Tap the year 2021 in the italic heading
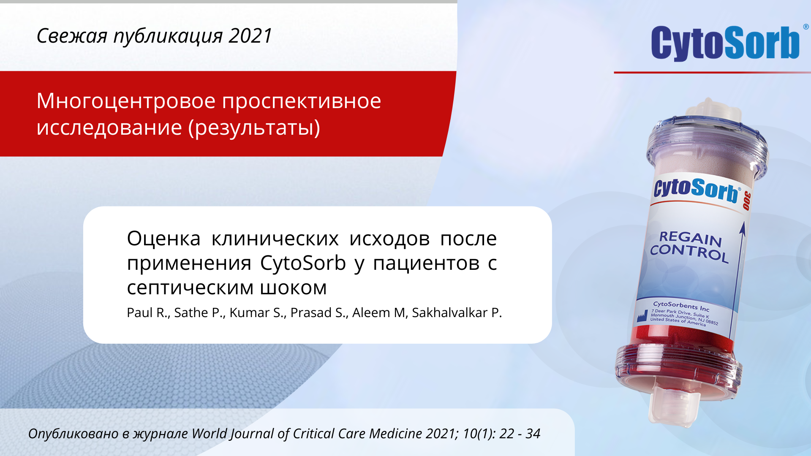point(250,36)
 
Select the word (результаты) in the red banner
point(254,128)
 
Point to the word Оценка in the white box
point(164,239)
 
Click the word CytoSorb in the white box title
point(303,263)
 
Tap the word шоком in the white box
point(293,288)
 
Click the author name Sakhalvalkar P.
point(457,312)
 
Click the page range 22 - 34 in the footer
point(520,434)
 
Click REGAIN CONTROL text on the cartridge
point(689,247)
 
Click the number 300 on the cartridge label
point(747,201)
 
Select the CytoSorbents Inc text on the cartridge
point(681,306)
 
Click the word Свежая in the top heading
point(72,36)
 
